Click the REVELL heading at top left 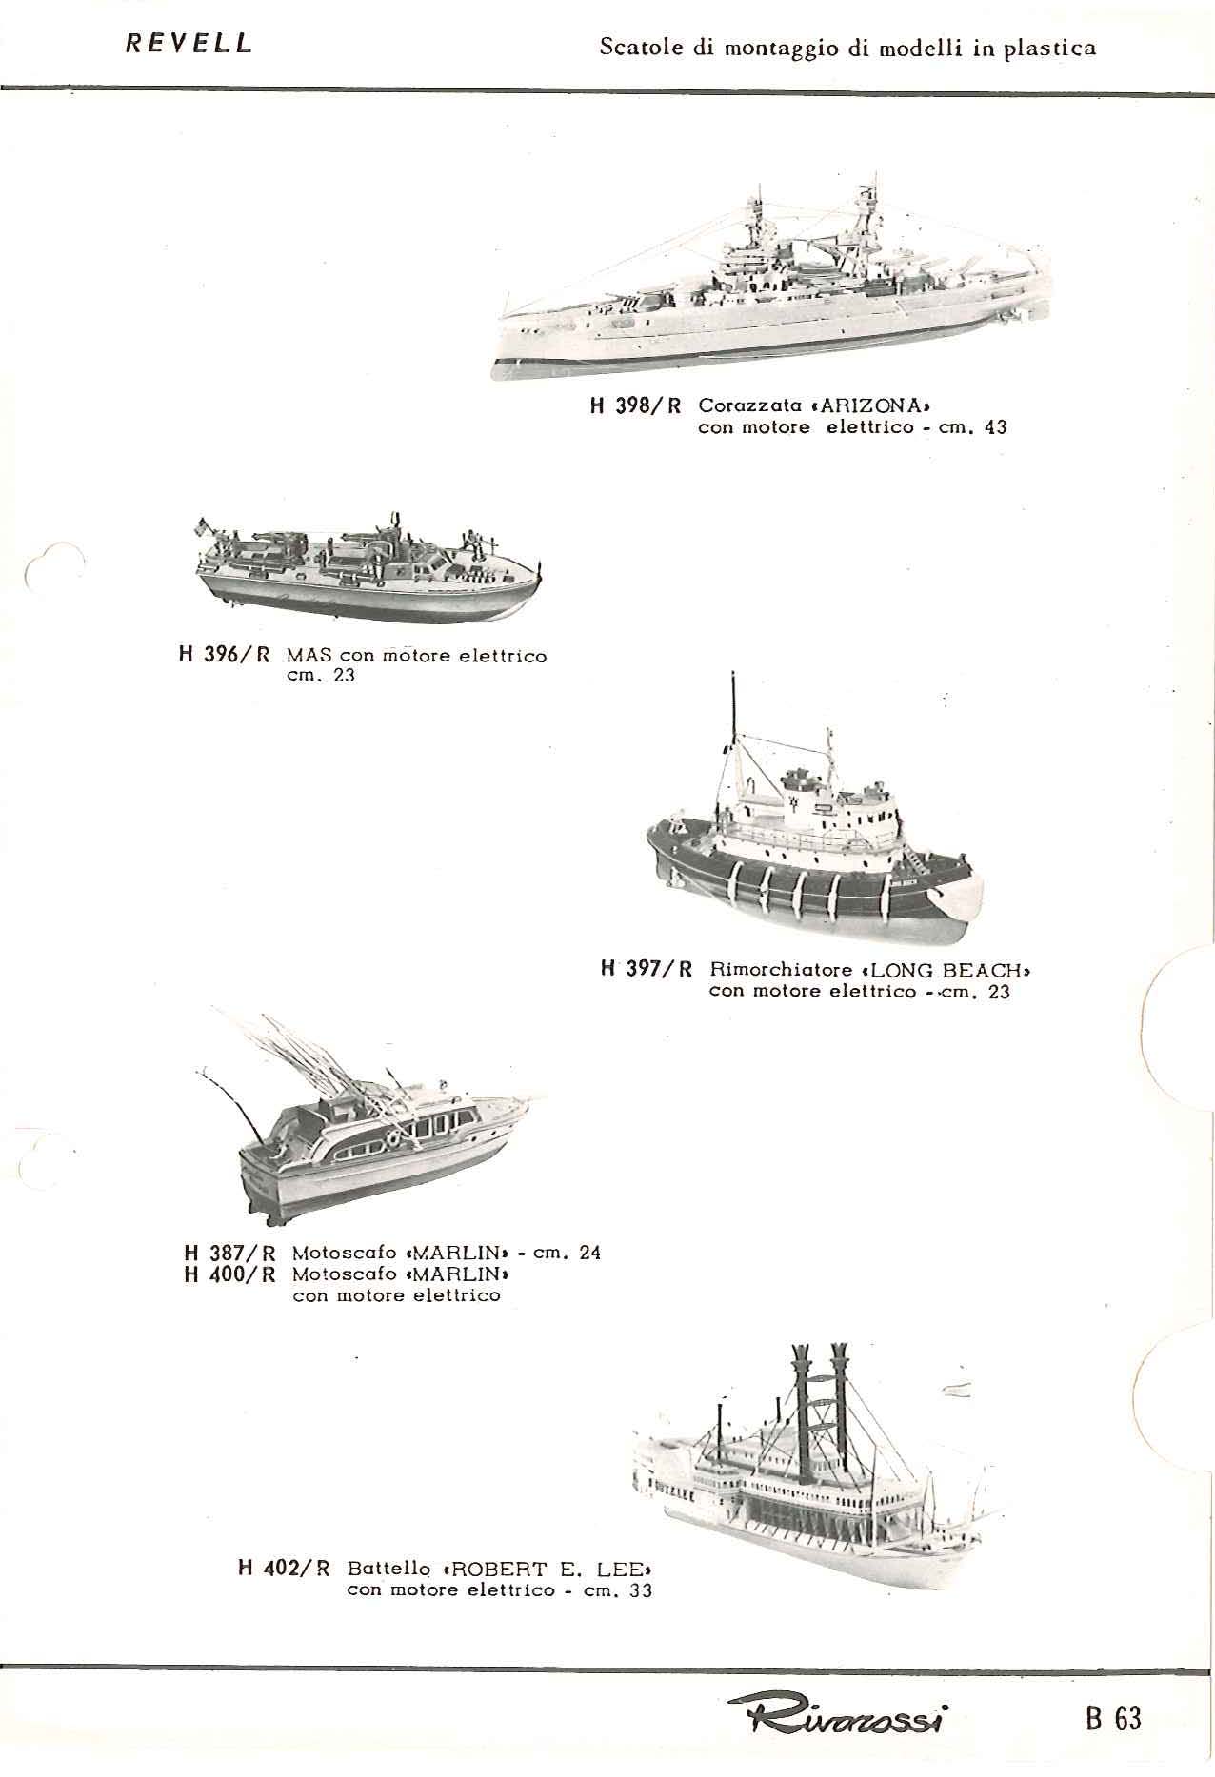[189, 43]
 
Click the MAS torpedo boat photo [367, 563]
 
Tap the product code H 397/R [647, 970]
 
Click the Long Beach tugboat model [813, 838]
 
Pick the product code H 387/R [229, 1253]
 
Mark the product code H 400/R [229, 1274]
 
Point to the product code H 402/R [283, 1568]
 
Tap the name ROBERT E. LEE [549, 1568]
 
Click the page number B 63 [1112, 1717]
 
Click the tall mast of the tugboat [733, 742]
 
